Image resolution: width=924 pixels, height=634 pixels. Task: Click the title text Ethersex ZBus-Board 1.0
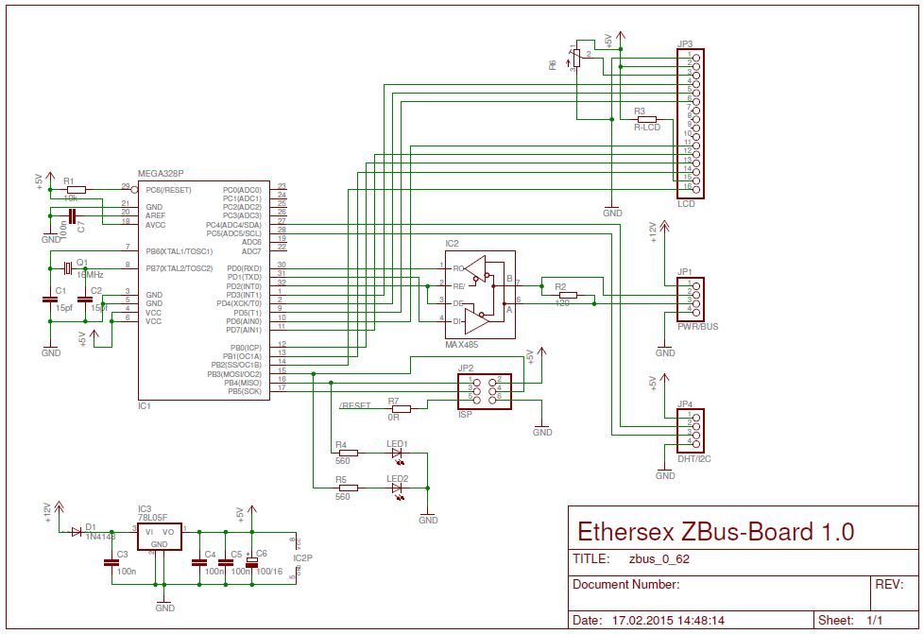(714, 531)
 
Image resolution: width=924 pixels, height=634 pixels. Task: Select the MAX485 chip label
(462, 345)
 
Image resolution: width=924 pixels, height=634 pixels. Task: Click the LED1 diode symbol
(396, 453)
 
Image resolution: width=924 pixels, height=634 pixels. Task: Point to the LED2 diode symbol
(396, 488)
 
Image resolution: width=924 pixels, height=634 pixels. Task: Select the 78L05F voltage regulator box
(160, 535)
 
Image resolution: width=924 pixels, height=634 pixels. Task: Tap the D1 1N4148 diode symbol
(77, 532)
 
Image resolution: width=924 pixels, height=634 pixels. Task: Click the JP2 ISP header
(483, 390)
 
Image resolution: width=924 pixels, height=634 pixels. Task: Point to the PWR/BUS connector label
(697, 326)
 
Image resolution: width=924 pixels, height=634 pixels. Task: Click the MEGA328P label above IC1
(161, 174)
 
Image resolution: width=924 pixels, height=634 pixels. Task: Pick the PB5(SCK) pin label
(243, 390)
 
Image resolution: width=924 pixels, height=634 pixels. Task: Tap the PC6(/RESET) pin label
(168, 190)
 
